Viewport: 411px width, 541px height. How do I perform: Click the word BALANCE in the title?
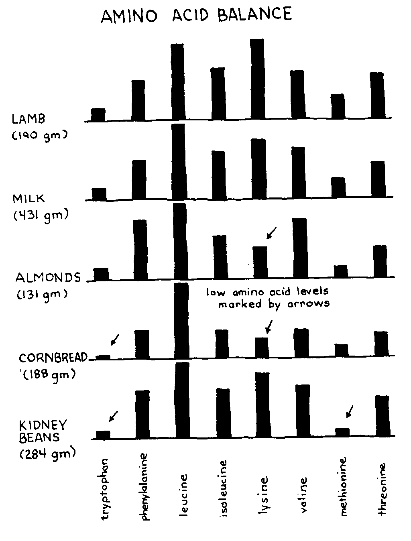click(254, 14)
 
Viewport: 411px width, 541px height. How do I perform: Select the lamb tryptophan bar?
click(98, 114)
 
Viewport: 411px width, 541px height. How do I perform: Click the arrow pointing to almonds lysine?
click(272, 233)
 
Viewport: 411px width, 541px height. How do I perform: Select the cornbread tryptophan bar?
click(103, 356)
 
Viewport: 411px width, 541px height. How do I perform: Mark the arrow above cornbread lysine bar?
click(269, 326)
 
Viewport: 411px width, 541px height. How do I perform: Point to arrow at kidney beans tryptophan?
click(114, 416)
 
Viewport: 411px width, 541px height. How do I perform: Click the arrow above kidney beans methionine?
click(350, 411)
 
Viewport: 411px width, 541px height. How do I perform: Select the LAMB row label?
click(28, 119)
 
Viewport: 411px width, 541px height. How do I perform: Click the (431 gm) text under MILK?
click(41, 216)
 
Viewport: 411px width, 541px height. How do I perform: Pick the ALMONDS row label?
click(48, 278)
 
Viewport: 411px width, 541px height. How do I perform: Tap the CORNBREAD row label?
click(53, 358)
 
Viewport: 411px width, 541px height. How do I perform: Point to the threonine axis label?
click(382, 489)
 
